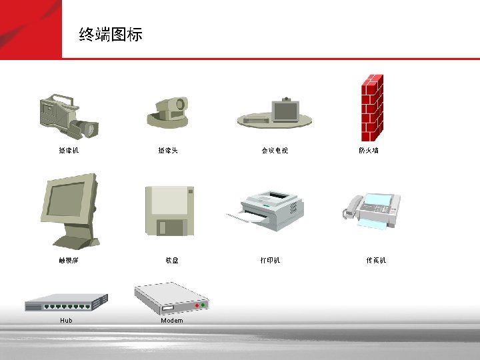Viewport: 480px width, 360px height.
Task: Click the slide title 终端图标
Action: pos(111,35)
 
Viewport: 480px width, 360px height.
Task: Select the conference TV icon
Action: pos(275,114)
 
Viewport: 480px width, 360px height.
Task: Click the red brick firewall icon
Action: pos(371,105)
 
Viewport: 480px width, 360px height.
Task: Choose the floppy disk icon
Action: pos(170,211)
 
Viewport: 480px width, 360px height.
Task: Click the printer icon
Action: pos(267,209)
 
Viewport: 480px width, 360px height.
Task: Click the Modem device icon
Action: pos(171,299)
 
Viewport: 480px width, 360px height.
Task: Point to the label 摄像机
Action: pos(69,151)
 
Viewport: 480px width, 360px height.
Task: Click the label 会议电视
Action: pos(275,151)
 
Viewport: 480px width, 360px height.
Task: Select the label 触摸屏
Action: pos(69,261)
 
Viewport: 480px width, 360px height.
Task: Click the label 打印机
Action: pos(270,261)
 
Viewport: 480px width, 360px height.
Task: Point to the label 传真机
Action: pos(376,261)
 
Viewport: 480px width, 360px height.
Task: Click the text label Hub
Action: pos(66,321)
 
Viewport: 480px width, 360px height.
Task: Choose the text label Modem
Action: pos(171,321)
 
